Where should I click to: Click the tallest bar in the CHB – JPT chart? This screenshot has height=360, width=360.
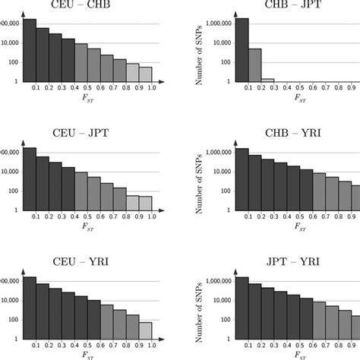click(242, 50)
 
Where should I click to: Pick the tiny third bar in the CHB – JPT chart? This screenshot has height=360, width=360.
click(267, 80)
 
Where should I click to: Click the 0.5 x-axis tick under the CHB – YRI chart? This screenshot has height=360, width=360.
click(299, 217)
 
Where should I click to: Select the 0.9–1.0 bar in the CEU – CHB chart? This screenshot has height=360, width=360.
click(145, 74)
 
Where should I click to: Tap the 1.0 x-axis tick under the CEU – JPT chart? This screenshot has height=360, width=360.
click(153, 217)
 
